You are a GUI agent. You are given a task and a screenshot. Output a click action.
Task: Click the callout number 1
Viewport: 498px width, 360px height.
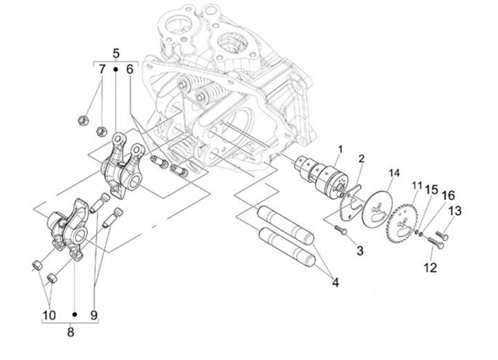pos(340,149)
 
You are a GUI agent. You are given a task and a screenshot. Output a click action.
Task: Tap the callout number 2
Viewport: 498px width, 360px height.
pos(361,159)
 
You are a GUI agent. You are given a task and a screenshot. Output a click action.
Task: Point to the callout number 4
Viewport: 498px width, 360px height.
pos(334,282)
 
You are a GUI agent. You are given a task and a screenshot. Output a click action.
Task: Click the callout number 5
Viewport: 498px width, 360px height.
pos(116,53)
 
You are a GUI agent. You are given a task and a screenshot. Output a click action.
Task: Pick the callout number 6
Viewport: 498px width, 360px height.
pos(129,69)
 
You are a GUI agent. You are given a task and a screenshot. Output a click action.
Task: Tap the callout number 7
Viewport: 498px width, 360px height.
pos(102,69)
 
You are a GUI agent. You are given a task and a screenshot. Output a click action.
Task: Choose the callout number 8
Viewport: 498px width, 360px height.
pos(71,331)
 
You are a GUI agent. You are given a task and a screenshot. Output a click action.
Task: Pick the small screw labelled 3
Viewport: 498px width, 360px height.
pos(340,231)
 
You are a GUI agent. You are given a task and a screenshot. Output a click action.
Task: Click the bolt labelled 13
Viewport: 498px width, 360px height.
pos(443,237)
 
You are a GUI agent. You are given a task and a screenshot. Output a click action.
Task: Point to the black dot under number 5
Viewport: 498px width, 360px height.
pos(116,71)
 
